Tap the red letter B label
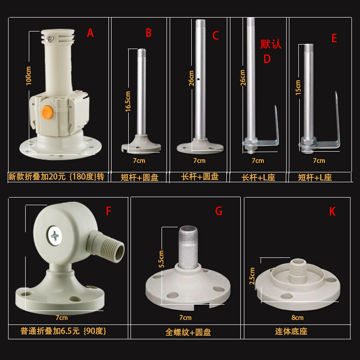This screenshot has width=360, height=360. tap(148, 33)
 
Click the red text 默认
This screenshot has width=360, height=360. tap(270, 44)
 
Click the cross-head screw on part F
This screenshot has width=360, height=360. tap(55, 235)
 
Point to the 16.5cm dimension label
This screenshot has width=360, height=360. tap(128, 101)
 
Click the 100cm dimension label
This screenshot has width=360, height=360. tap(29, 76)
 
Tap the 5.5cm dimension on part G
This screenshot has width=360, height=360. tap(161, 259)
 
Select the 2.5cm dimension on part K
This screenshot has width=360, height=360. tap(252, 276)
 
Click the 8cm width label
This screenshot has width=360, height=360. tap(297, 317)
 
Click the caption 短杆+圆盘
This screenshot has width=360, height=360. tap(139, 177)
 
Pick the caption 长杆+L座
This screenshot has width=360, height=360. tap(258, 177)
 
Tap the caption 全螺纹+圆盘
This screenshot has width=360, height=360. tap(188, 333)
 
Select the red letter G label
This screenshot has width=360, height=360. tap(219, 211)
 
